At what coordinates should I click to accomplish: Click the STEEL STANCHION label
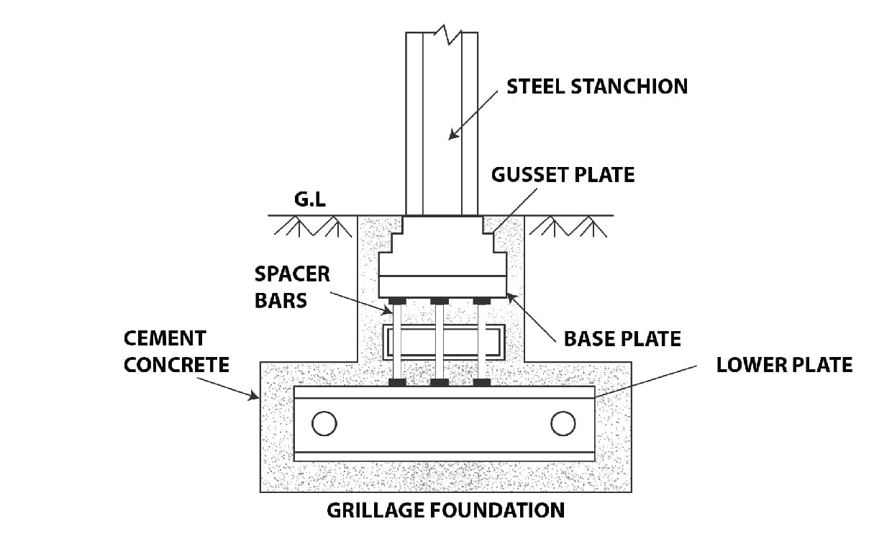596,86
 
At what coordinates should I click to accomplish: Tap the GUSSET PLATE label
563,175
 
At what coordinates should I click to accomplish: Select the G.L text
310,199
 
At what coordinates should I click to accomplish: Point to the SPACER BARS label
292,286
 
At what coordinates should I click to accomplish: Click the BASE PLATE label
622,338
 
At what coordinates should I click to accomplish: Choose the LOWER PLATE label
784,364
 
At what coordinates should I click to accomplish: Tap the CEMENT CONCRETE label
176,351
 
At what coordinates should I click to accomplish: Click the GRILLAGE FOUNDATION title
445,510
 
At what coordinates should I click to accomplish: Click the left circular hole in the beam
324,423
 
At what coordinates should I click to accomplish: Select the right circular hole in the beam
563,423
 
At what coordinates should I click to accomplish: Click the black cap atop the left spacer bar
397,300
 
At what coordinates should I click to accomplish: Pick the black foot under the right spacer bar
481,381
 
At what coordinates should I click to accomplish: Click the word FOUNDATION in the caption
497,510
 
